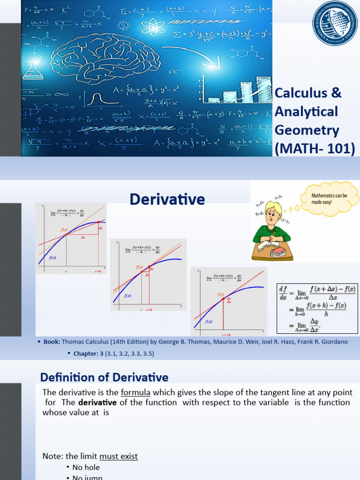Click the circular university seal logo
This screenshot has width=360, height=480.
(335, 23)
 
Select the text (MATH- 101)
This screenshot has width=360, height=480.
(315, 149)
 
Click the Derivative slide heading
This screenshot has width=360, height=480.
(167, 199)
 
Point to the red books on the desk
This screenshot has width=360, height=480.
(278, 252)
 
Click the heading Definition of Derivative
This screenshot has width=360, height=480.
(104, 377)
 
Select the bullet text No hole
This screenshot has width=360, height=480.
(86, 467)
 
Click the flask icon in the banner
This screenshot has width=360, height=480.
(33, 70)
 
